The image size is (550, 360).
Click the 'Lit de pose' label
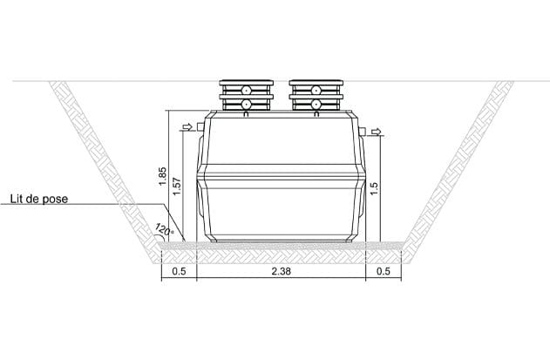pyautogui.click(x=39, y=199)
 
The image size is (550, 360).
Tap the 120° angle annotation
pyautogui.click(x=164, y=229)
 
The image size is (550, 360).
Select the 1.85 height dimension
pyautogui.click(x=162, y=176)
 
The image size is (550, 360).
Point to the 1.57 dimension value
pyautogui.click(x=177, y=187)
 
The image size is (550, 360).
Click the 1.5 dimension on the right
pyautogui.click(x=374, y=188)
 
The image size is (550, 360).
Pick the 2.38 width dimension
pyautogui.click(x=281, y=271)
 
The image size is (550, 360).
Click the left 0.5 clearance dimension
pyautogui.click(x=179, y=271)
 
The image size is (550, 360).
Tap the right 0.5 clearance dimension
pyautogui.click(x=383, y=271)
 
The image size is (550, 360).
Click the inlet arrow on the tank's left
pyautogui.click(x=188, y=126)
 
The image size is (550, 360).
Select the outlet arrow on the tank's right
pyautogui.click(x=376, y=132)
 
